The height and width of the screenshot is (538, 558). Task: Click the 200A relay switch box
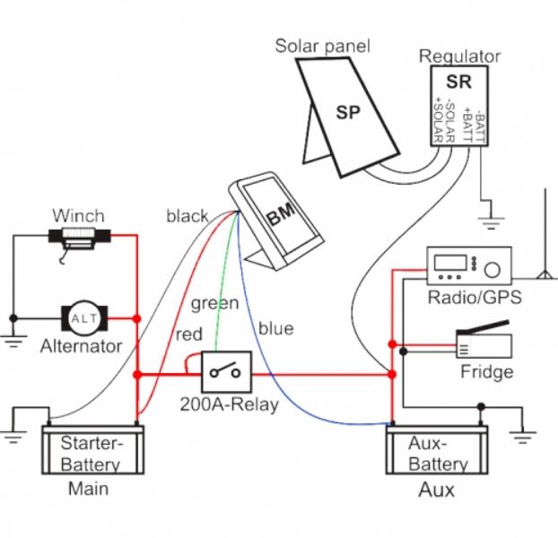227,371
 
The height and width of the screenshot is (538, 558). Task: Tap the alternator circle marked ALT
84,318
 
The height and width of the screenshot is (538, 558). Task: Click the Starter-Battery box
93,450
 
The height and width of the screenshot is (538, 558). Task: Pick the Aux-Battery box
437,450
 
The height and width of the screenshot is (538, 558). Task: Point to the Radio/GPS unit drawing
469,265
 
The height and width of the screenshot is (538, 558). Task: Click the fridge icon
484,340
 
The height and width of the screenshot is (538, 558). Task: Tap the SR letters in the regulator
458,82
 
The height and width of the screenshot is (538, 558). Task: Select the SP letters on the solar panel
348,112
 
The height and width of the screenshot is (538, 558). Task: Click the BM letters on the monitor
281,214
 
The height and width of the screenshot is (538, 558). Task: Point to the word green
214,304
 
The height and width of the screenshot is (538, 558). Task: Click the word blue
275,328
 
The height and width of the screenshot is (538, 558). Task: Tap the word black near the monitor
187,216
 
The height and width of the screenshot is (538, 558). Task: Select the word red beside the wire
189,334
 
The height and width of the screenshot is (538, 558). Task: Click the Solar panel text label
322,47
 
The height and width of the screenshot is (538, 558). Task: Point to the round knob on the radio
493,270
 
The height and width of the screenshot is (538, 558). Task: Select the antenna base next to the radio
544,275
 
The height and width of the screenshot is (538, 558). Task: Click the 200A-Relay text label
229,404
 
